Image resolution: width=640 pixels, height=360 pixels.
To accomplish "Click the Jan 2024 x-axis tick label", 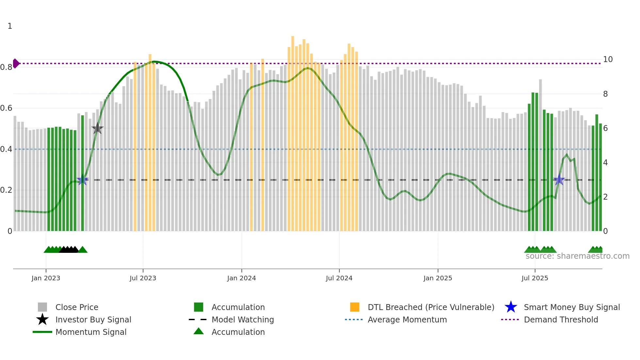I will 241,278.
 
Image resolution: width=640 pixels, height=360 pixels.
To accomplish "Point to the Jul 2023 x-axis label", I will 143,278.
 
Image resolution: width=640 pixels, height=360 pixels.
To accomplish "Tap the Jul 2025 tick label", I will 535,278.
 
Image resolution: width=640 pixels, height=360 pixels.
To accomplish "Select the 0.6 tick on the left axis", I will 6,108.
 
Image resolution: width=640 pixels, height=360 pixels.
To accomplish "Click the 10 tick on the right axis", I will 608,59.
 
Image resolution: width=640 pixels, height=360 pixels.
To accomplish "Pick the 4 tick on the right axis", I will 605,163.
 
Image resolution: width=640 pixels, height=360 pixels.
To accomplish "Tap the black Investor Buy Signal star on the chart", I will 97,129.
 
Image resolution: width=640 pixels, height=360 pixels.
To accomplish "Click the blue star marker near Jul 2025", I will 559,180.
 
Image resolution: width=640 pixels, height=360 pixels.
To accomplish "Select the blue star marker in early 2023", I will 82,180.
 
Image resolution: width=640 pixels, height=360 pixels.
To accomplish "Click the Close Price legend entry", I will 76,307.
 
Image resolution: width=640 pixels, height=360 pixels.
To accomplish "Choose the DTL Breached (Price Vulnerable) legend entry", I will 431,307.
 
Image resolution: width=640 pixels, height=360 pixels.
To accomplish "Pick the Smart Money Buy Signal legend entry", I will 571,307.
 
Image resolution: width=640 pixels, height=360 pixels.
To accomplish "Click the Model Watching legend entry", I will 242,319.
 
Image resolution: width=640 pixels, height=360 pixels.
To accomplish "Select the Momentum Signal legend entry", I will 91,332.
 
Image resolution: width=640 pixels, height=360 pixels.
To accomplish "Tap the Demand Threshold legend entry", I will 561,319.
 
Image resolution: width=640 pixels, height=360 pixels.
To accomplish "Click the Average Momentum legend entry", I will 407,319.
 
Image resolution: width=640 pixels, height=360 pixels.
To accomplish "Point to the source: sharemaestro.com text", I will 577,256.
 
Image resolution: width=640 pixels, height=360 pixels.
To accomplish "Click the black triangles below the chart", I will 69,250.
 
